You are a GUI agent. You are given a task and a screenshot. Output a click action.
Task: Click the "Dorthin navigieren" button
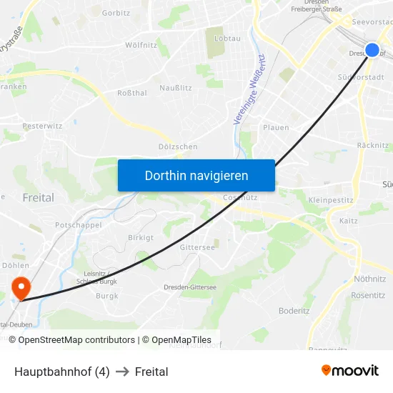[196, 175]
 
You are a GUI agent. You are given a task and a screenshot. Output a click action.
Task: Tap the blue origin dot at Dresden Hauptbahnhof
[372, 50]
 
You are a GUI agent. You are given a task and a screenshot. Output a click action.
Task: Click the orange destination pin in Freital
[21, 287]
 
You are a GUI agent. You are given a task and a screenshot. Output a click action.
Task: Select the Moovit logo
[350, 371]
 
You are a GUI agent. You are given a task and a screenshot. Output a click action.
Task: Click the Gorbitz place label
[116, 13]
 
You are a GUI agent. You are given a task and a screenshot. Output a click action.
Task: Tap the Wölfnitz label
[141, 45]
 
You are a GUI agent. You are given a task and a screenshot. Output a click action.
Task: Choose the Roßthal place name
[132, 93]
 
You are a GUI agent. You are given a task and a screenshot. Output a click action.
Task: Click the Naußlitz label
[176, 87]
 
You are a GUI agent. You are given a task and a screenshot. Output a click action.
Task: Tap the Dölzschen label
[177, 146]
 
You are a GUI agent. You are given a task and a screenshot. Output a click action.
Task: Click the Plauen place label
[276, 128]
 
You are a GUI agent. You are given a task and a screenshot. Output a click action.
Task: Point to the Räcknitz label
[372, 146]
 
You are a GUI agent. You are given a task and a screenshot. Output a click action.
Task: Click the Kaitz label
[349, 222]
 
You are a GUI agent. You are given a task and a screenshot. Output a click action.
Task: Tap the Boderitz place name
[294, 311]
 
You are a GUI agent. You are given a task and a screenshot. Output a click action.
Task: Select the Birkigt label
[140, 237]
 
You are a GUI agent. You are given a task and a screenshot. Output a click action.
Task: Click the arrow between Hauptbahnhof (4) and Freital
[122, 372]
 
